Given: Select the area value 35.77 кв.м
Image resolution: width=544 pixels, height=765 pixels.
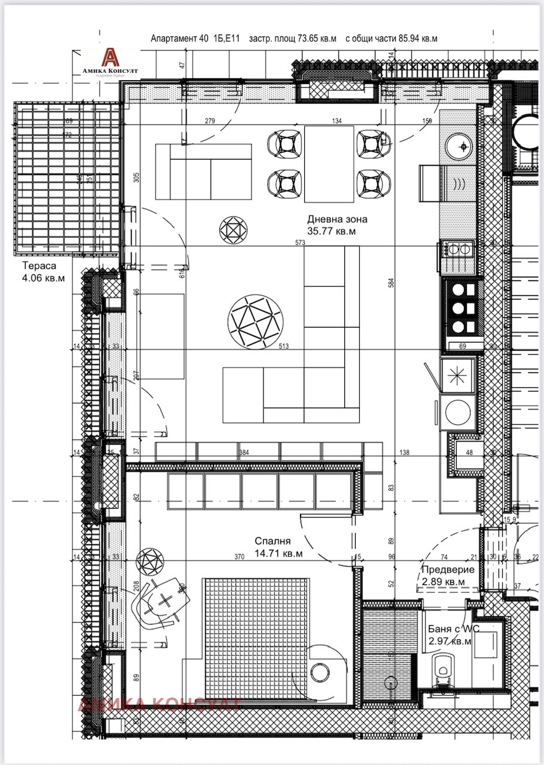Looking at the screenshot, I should pos(331,232).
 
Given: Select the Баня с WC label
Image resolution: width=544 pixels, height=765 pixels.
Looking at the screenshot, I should pos(454,630).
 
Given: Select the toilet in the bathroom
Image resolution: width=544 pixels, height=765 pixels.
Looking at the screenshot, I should pos(443,669).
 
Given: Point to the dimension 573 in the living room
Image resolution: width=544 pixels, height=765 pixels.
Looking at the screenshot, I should pos(301,243).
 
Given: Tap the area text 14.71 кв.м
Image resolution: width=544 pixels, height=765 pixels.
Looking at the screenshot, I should pos(278,554).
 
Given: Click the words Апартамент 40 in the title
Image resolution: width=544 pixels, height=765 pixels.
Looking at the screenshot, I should pos(179,38).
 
